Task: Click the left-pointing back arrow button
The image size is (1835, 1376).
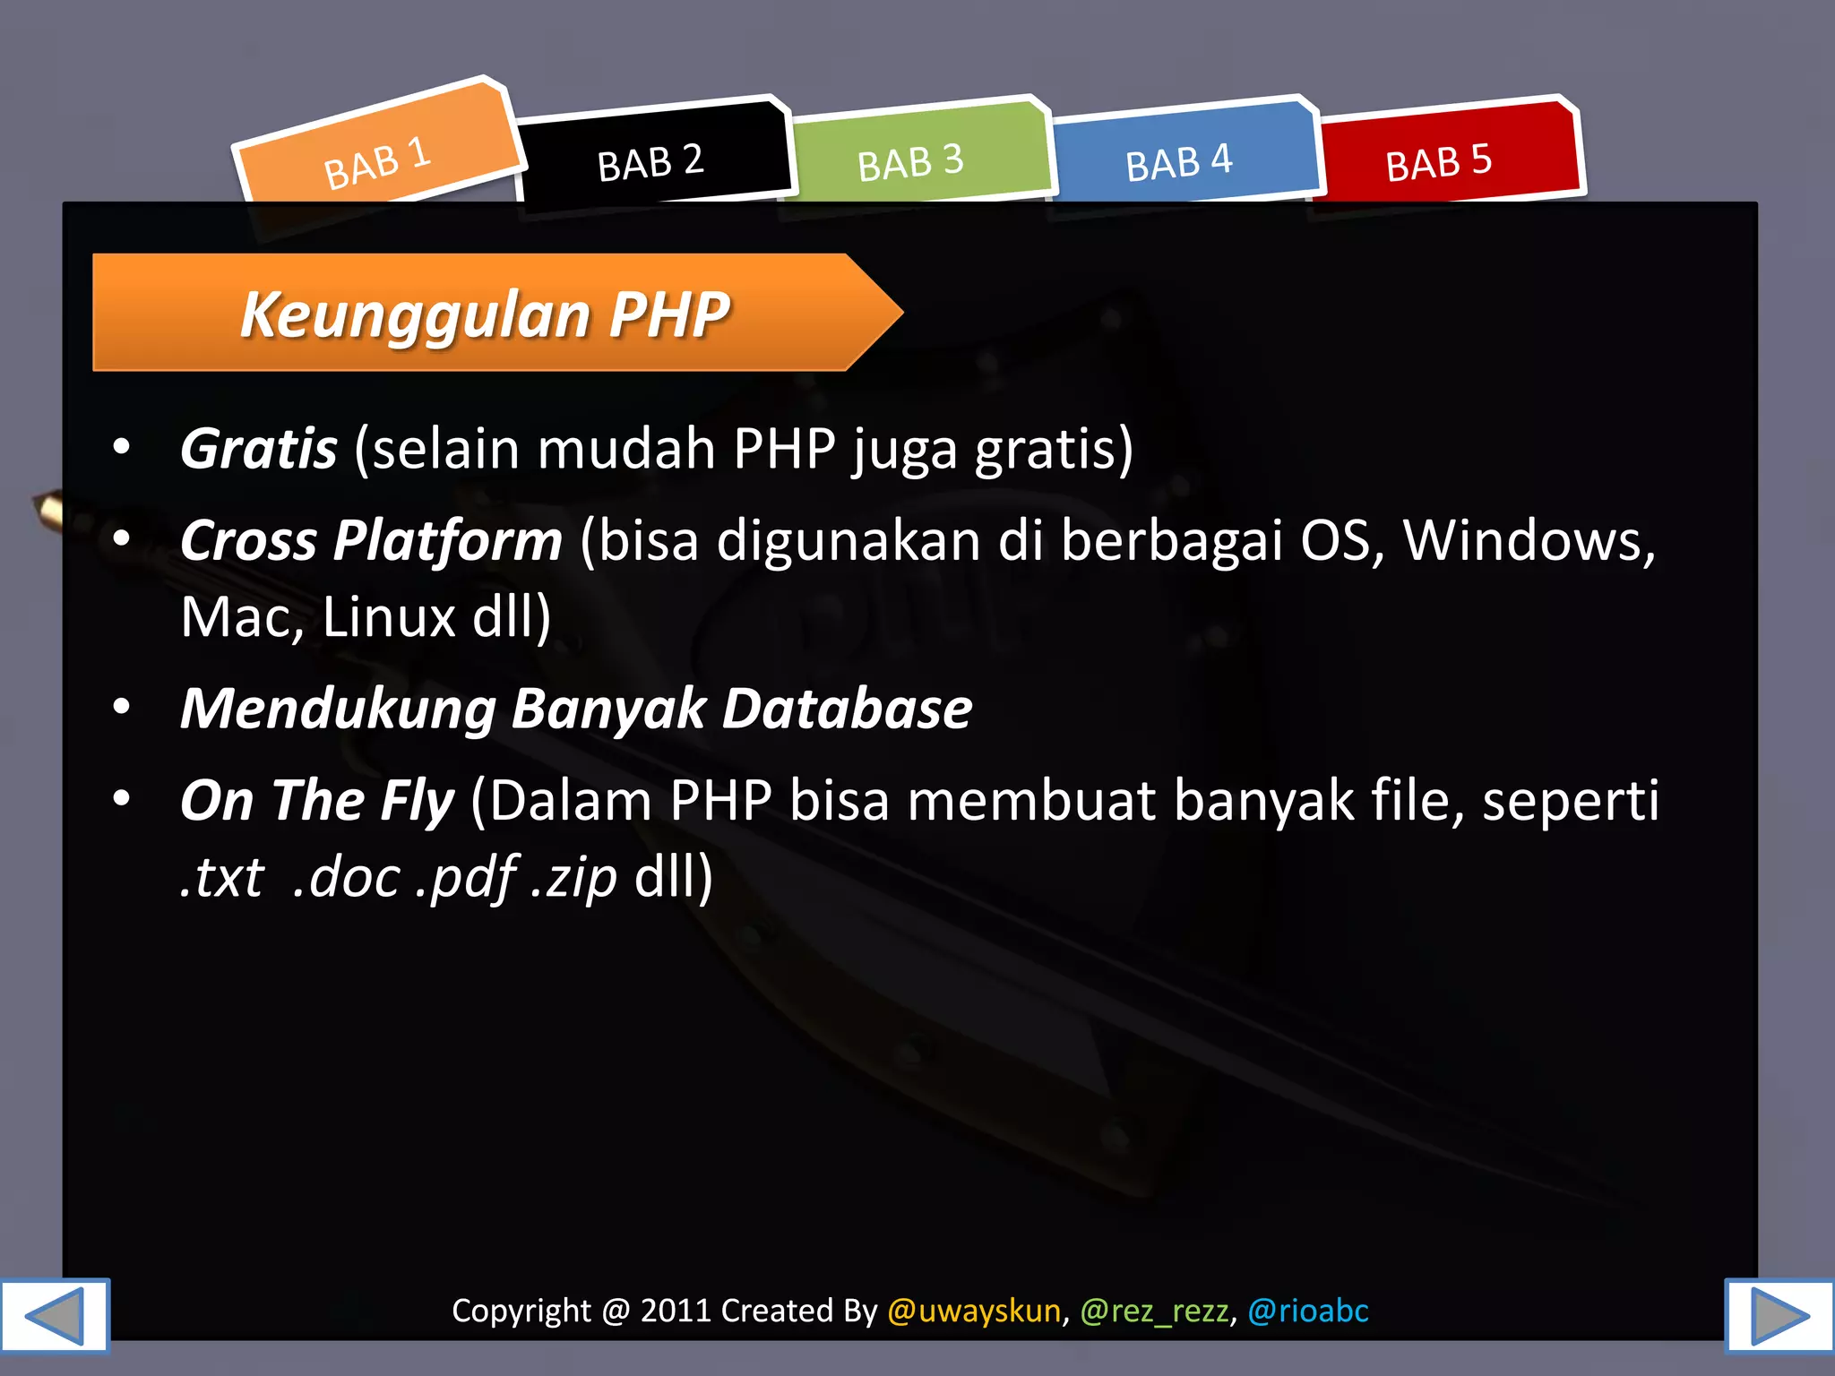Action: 55,1315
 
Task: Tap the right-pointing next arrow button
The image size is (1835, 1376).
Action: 1779,1315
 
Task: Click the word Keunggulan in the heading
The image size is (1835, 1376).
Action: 414,314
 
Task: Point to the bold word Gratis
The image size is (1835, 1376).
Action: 259,448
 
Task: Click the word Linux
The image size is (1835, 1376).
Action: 389,616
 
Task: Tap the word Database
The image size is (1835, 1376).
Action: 848,709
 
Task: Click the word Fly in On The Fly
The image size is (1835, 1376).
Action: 418,800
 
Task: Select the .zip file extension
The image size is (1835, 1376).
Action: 574,876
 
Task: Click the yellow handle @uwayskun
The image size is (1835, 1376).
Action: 974,1311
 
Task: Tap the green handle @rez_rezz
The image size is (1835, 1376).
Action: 1154,1311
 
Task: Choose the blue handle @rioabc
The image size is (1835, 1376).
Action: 1308,1311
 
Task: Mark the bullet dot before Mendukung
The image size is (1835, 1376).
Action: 122,707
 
